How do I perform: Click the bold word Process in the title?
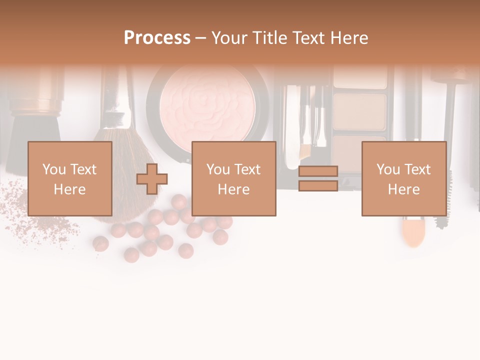point(157,38)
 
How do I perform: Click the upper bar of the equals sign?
point(318,171)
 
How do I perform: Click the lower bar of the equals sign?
point(318,186)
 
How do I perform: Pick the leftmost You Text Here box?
point(69,178)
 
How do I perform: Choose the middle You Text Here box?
point(233,178)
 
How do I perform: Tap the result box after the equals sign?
point(403,178)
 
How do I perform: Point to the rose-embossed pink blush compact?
point(207,105)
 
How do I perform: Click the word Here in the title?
point(348,38)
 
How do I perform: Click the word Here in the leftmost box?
point(69,189)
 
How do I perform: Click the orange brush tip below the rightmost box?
point(413,232)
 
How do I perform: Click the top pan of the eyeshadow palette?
point(360,78)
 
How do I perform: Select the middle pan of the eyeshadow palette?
point(360,111)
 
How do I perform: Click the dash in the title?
point(200,38)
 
